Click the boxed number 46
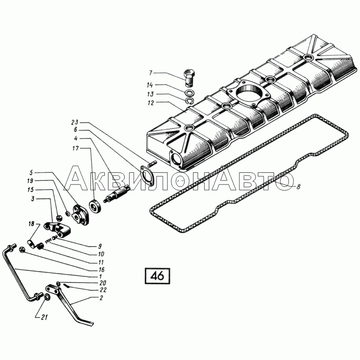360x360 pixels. coord(157,275)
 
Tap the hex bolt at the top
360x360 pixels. coord(189,76)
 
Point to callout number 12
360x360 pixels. coord(150,103)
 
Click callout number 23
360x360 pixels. coord(74,122)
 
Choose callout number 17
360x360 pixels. coord(76,148)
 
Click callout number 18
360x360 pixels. coord(31,224)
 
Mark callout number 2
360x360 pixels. coord(101,298)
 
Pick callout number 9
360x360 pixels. coord(100,246)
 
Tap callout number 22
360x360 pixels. coord(103,290)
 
